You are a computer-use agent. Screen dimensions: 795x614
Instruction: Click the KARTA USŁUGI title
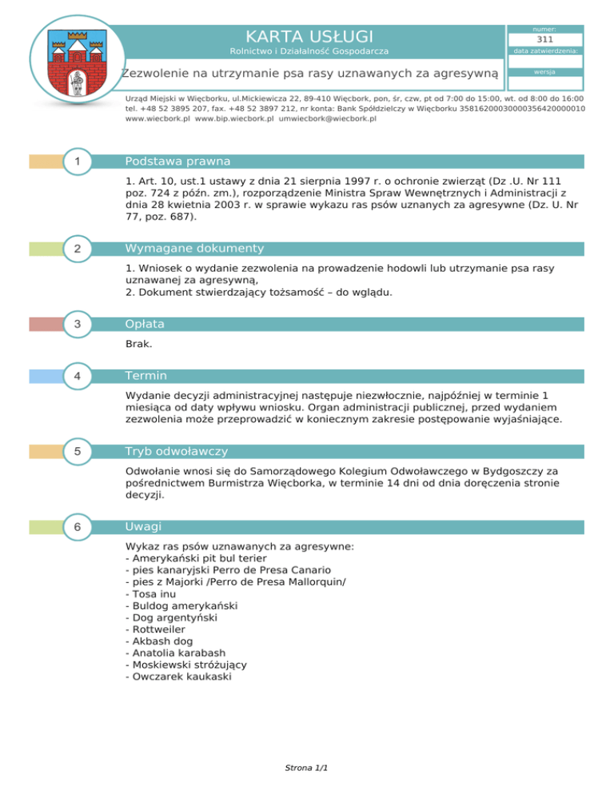tap(309, 36)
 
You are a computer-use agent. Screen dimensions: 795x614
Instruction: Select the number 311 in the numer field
tap(545, 38)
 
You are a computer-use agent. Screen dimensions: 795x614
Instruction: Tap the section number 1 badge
tap(76, 162)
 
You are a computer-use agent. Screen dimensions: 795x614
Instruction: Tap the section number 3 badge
tap(76, 324)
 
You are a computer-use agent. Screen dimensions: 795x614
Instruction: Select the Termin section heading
tap(147, 376)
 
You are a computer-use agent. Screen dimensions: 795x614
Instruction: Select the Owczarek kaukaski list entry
tap(179, 676)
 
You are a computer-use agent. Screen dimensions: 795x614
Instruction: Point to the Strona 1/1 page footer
tap(307, 768)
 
